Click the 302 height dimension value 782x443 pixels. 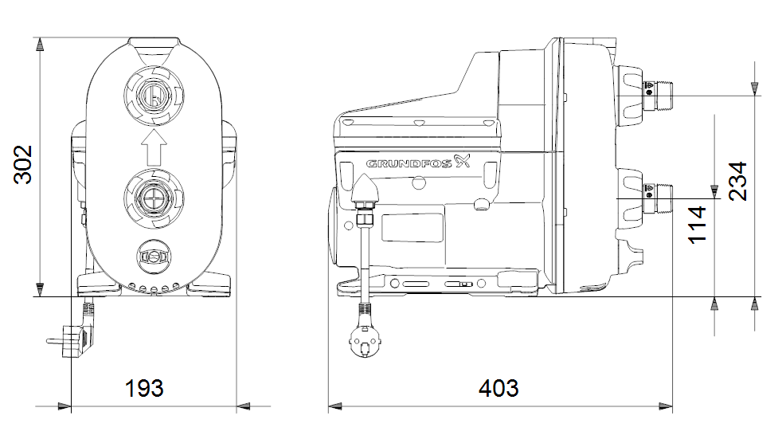(23, 165)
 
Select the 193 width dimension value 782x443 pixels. (143, 389)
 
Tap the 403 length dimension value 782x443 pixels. (499, 389)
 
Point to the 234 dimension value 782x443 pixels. (737, 181)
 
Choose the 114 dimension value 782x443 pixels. (698, 225)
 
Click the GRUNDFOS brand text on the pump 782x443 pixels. (409, 163)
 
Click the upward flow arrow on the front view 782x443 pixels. (154, 147)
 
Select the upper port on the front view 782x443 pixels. (154, 96)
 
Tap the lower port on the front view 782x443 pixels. (154, 198)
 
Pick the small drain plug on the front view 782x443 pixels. (154, 257)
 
